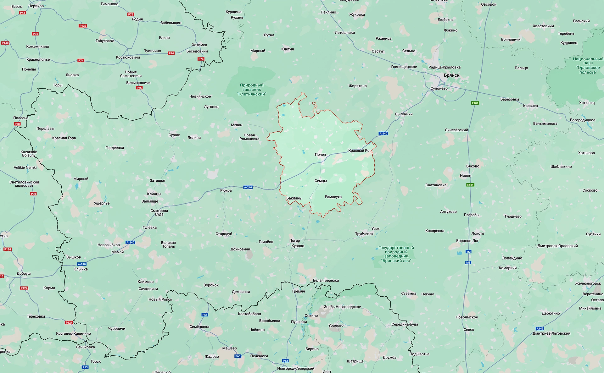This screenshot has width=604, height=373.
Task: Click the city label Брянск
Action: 451,75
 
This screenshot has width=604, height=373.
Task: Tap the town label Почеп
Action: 320,155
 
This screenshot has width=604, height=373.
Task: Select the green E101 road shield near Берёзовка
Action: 475,103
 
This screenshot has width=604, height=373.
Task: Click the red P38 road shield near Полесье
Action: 17,124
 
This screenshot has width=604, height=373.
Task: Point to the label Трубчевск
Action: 364,234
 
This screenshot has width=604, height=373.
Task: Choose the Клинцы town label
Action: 154,194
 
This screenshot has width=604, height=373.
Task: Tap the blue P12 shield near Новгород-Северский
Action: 285,360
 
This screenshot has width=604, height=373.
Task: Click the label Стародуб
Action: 224,234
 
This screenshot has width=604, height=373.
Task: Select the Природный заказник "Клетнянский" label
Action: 251,90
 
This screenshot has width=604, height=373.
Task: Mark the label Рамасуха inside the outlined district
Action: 333,197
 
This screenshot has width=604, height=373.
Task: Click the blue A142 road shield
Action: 540,328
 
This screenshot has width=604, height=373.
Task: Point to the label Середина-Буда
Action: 405,324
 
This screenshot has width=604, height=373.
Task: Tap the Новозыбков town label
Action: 109,245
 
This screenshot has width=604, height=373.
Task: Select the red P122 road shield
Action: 83,26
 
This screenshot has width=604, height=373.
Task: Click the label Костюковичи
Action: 128,58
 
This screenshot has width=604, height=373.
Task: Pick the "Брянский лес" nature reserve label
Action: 396,254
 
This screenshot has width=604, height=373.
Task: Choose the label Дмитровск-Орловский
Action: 557,246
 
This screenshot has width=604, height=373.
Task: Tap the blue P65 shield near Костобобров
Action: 205,315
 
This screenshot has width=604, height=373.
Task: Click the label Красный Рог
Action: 360,151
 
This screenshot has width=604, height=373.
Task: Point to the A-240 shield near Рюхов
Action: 248,188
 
